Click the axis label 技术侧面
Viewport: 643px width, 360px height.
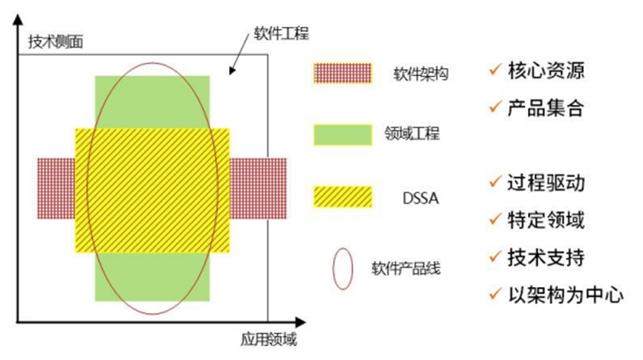pyautogui.click(x=56, y=42)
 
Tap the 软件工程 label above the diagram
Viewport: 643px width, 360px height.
pyautogui.click(x=281, y=33)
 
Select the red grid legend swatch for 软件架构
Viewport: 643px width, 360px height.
pyautogui.click(x=341, y=73)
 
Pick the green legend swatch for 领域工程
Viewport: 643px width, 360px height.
pyautogui.click(x=341, y=135)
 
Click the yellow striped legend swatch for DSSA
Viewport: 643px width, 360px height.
pyautogui.click(x=341, y=196)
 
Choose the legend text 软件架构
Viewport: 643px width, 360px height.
pyautogui.click(x=421, y=73)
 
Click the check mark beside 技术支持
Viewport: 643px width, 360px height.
pyautogui.click(x=494, y=257)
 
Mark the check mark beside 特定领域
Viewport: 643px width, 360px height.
pyautogui.click(x=494, y=220)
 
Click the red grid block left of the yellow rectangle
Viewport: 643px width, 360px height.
pyautogui.click(x=56, y=188)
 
